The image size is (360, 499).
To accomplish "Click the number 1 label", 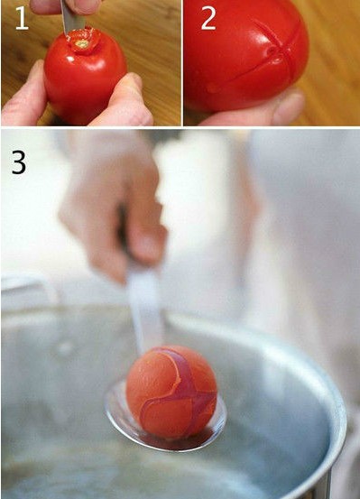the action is (22, 18).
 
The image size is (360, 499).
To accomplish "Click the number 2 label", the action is (208, 19).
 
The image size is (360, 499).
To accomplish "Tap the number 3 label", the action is (19, 162).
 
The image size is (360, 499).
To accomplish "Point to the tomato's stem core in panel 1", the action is (82, 44).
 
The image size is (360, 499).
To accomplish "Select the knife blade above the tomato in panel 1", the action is (72, 17).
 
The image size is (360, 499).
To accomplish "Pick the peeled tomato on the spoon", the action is (172, 392).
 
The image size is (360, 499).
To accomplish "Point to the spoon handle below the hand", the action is (145, 312).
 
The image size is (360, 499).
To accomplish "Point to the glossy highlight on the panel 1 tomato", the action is (70, 60).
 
